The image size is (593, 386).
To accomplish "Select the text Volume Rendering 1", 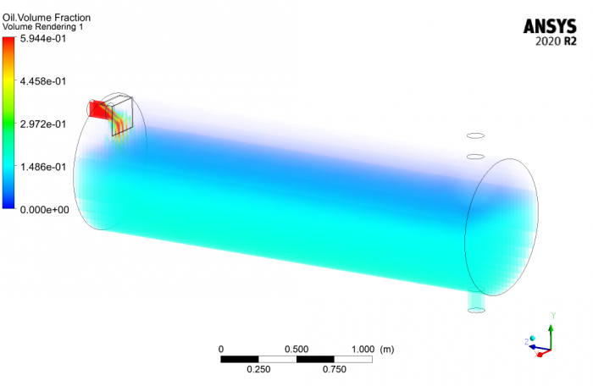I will (42, 27).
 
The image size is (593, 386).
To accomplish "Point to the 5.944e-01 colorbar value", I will (43, 39).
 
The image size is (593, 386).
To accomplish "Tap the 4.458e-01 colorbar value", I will (43, 81).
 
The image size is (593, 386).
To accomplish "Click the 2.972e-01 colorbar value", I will (43, 124).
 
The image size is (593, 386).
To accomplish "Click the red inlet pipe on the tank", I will (98, 109).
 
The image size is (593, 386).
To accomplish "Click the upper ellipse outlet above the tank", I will (476, 135).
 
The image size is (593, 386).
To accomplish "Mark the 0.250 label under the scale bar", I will (258, 369).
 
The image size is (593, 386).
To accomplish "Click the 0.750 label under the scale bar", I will (335, 369).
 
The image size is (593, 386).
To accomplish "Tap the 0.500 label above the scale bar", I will (296, 349).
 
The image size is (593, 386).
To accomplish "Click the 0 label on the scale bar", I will (221, 349).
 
